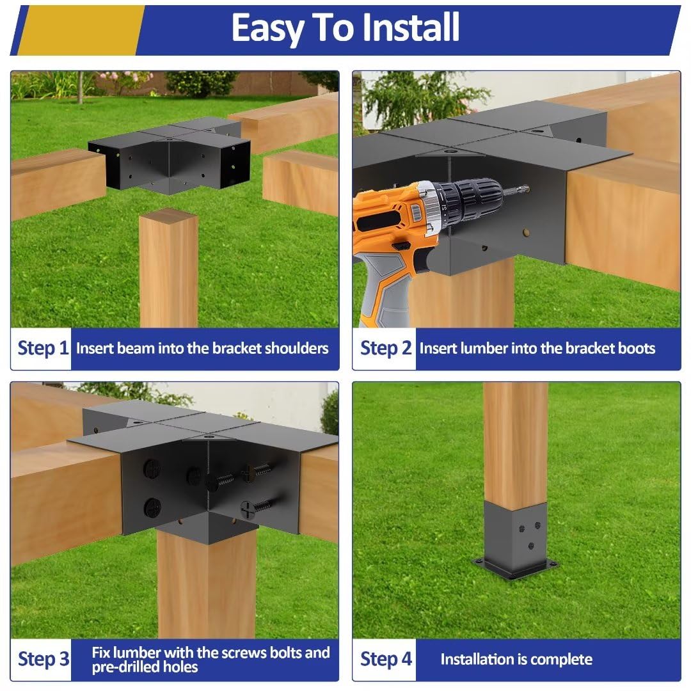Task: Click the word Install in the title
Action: tap(411, 28)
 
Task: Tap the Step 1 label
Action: tap(42, 349)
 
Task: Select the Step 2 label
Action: tap(385, 349)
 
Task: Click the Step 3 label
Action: tap(43, 659)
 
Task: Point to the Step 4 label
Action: tap(386, 659)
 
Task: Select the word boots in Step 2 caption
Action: tap(636, 349)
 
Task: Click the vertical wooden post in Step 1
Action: tap(168, 269)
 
